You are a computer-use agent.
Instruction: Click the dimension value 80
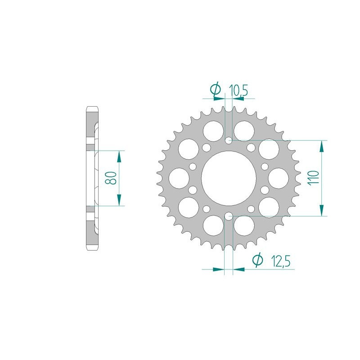pos(112,178)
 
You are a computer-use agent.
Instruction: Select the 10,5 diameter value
pos(238,90)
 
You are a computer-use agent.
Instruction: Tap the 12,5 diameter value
pos(280,260)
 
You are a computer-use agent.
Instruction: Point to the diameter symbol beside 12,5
pos(257,260)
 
